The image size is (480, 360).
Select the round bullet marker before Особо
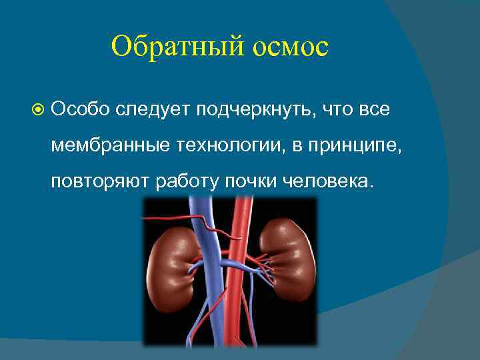(38, 109)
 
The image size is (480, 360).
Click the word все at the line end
(373, 109)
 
